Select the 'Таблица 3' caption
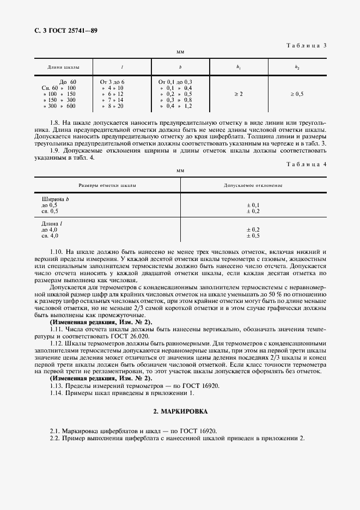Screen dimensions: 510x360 click(307, 45)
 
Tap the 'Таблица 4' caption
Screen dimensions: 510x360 click(307, 164)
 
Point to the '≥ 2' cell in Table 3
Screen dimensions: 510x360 click(239, 94)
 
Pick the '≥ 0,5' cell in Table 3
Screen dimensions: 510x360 click(297, 94)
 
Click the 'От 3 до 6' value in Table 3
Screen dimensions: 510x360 click(112, 82)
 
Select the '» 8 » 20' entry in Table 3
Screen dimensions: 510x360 click(112, 107)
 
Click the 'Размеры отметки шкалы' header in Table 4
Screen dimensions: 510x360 click(107, 186)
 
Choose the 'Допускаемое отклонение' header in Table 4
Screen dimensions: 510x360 click(253, 186)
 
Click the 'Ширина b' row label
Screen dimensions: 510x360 click(56, 199)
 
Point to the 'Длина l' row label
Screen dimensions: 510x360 click(53, 224)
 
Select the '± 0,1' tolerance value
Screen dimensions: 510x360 click(253, 205)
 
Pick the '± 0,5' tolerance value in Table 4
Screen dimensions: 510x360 click(253, 235)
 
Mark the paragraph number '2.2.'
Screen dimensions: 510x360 click(54, 439)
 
